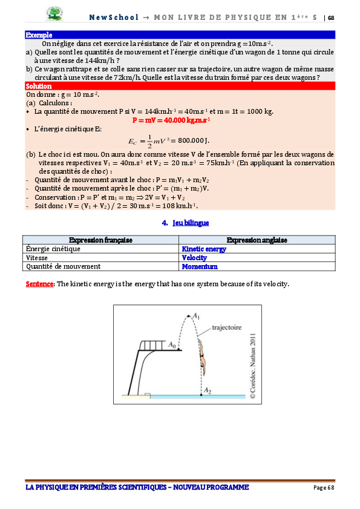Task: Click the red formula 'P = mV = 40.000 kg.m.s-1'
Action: tap(171, 120)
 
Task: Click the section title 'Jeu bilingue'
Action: tap(185, 223)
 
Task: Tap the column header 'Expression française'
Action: tap(100, 240)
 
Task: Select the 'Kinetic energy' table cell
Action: tap(204, 249)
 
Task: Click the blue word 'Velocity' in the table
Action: tap(194, 257)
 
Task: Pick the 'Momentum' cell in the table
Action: tap(200, 266)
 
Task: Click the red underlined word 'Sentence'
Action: tap(40, 284)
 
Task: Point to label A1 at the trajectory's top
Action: tap(195, 315)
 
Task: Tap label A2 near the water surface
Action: tap(208, 390)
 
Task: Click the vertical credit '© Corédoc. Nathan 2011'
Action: tap(252, 365)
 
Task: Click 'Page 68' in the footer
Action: tap(323, 488)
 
